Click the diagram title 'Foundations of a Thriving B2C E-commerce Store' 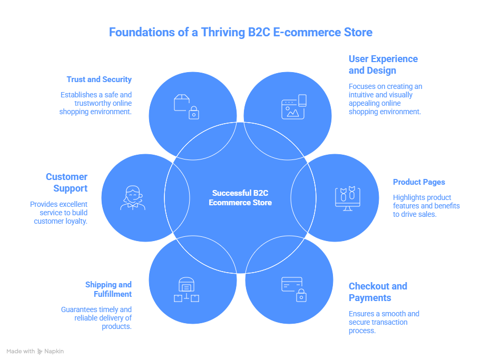click(x=240, y=32)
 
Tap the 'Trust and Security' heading click(x=99, y=79)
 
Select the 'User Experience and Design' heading click(x=383, y=65)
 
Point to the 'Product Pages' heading click(x=419, y=182)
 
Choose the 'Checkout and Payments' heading click(x=378, y=292)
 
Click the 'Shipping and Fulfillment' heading click(x=109, y=289)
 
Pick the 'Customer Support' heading click(x=66, y=183)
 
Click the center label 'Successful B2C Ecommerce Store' click(x=240, y=198)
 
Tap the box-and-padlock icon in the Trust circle click(x=186, y=106)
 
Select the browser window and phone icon click(x=293, y=106)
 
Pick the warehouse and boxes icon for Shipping click(x=186, y=290)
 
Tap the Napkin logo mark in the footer click(x=41, y=351)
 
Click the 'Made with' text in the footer click(x=21, y=351)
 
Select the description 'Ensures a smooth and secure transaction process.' click(x=384, y=322)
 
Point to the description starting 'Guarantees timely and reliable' click(x=96, y=318)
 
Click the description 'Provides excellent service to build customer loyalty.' click(x=58, y=213)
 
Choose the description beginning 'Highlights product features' click(x=426, y=206)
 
